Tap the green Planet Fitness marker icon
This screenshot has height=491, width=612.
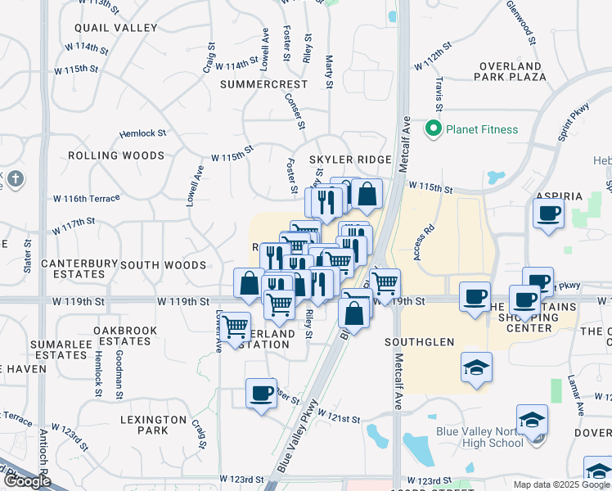coord(432,128)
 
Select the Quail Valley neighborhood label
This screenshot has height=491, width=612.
coord(126,28)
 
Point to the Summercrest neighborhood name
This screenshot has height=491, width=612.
coord(263,84)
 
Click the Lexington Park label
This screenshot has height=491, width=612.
coord(155,425)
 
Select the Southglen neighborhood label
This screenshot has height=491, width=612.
coord(421,342)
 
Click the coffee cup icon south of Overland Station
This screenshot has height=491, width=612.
coord(262,393)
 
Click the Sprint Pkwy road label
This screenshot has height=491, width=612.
coord(574,123)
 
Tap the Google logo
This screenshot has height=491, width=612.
coord(27,480)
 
